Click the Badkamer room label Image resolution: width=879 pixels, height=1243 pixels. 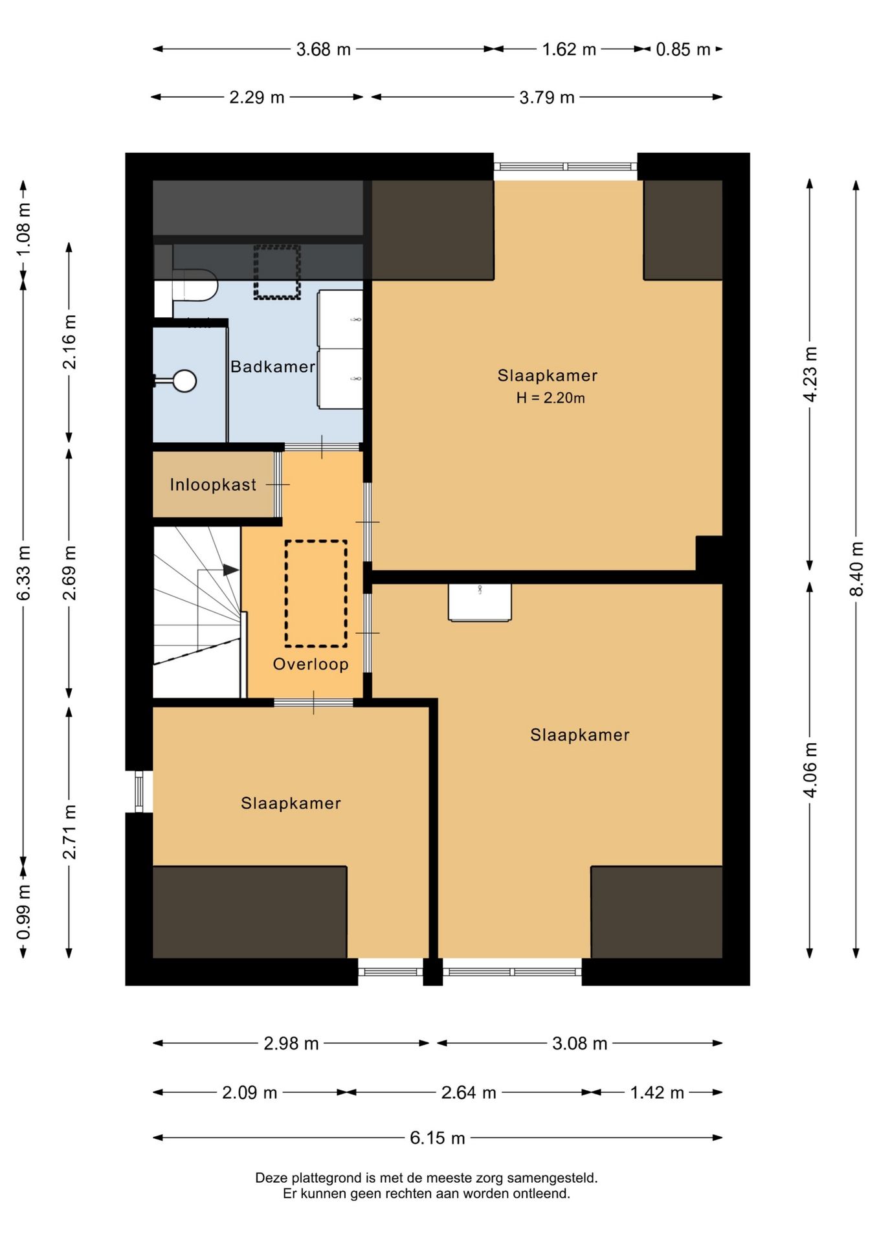point(273,367)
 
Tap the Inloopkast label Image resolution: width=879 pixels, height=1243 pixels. point(213,485)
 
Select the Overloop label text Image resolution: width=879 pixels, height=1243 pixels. point(311,664)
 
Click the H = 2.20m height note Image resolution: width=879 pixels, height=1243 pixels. point(550,398)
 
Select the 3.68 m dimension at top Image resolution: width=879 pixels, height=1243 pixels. point(323,49)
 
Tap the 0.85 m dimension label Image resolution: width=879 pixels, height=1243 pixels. point(683,49)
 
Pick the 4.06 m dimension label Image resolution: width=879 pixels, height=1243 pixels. point(810,770)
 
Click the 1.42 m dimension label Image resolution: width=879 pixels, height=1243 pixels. point(657,1093)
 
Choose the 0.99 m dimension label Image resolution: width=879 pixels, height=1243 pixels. point(23,912)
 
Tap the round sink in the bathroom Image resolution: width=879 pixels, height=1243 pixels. point(184,381)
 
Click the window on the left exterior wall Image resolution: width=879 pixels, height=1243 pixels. point(139,791)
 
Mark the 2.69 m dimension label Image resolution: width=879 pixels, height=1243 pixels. point(69,573)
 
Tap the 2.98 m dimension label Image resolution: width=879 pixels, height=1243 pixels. point(291,1044)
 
